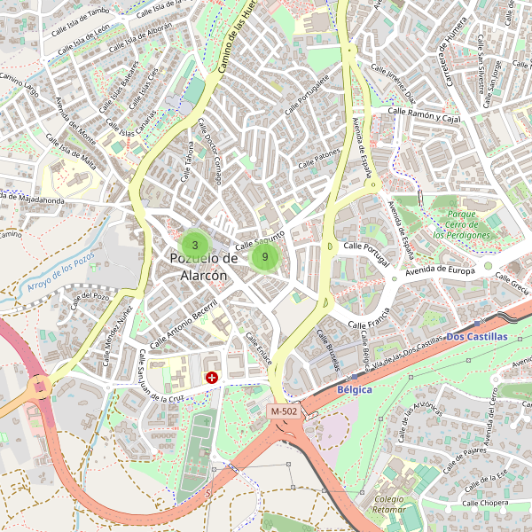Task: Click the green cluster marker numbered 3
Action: (x=194, y=245)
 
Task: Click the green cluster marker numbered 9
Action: (x=265, y=257)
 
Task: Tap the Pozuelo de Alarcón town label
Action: (x=204, y=267)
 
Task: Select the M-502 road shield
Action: (x=285, y=412)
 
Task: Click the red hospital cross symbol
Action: (x=212, y=378)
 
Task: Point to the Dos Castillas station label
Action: (x=477, y=337)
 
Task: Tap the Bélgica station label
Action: (x=355, y=389)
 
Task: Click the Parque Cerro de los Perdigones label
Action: (x=461, y=225)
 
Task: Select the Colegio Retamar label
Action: (x=388, y=505)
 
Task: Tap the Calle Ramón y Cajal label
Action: (x=426, y=114)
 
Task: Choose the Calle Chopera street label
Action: (x=483, y=503)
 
